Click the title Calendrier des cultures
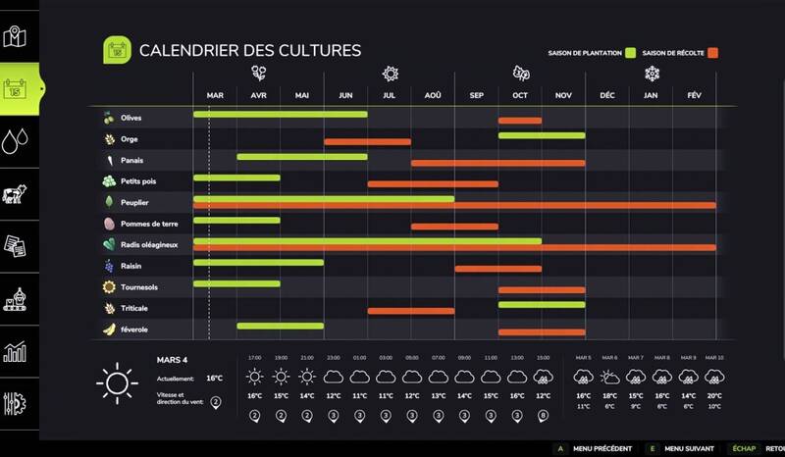(250, 49)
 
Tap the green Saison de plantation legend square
(632, 52)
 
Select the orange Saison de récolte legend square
(714, 52)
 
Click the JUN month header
(345, 95)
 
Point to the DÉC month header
(606, 95)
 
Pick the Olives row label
(131, 118)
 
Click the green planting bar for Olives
(281, 115)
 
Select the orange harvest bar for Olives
(520, 121)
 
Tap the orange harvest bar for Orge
(367, 142)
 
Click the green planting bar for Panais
(302, 156)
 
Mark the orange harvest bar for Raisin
(498, 269)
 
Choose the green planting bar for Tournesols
(236, 283)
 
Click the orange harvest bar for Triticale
(410, 311)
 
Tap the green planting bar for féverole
(281, 326)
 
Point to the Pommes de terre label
(149, 224)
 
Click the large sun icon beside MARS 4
(116, 381)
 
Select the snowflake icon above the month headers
(651, 74)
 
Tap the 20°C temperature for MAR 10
(714, 396)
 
